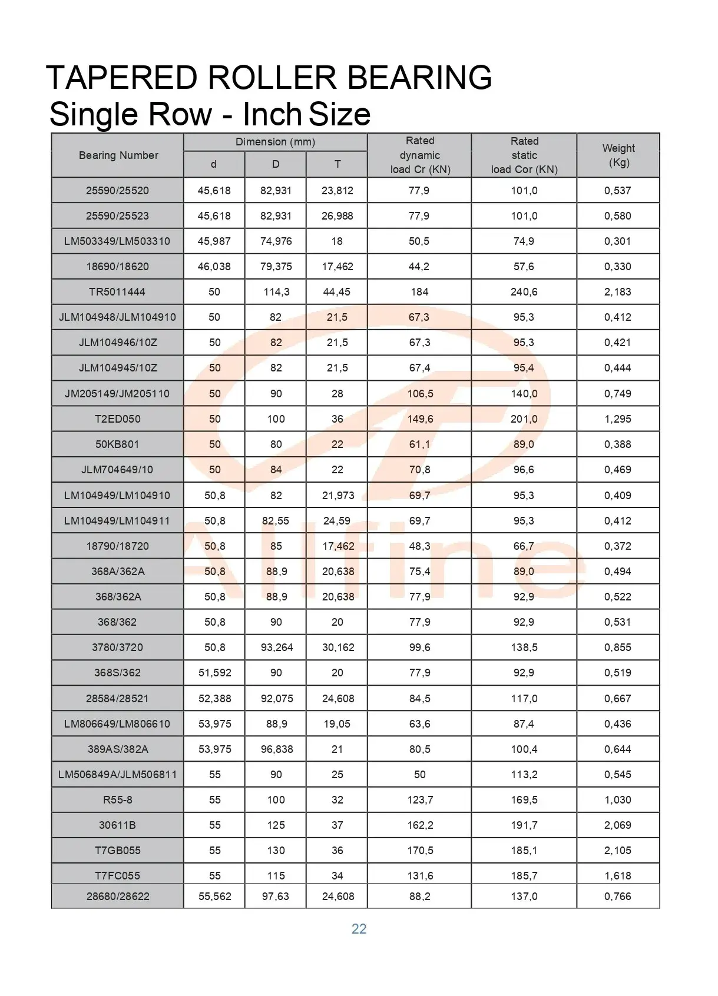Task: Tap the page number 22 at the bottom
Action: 359,929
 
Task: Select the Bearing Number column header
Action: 118,155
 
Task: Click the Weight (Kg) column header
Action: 618,155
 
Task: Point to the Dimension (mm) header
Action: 275,142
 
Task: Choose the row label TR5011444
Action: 117,292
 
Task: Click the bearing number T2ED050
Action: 118,419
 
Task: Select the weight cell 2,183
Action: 617,292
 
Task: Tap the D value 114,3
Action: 276,292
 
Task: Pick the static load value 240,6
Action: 524,292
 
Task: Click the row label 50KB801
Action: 117,444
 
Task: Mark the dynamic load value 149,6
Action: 420,419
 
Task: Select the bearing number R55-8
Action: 118,800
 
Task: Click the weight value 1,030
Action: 617,800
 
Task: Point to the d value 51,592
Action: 214,673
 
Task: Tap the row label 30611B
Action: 117,825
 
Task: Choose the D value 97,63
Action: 276,897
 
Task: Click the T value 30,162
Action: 338,648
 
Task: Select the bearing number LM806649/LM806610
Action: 117,724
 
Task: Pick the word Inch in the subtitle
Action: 272,114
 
